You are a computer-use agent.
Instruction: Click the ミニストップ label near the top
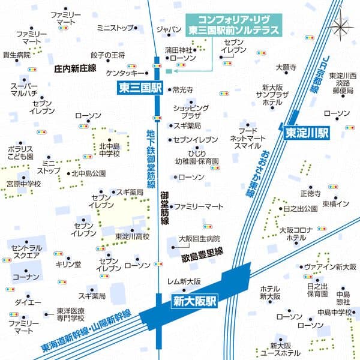point(115,28)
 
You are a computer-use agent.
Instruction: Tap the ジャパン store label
point(168,29)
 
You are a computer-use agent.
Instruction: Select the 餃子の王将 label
point(107,55)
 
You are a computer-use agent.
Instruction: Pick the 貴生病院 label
point(16,55)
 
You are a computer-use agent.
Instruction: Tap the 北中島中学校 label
point(110,149)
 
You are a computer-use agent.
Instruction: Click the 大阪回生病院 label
point(199,239)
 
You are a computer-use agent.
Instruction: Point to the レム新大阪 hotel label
point(184,281)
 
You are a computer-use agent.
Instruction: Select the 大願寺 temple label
point(286,68)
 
